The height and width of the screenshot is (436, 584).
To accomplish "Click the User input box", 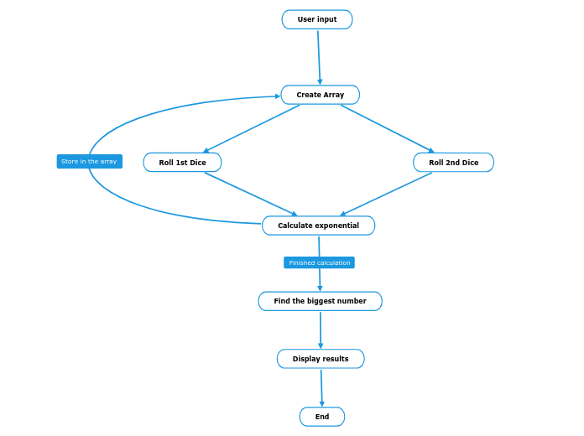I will click(317, 19).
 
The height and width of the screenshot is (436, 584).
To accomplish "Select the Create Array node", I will click(320, 95).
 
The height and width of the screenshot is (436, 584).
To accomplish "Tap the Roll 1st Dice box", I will click(182, 163).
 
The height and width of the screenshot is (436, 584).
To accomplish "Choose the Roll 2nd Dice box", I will click(453, 163).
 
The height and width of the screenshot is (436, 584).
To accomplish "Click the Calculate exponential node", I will click(318, 226).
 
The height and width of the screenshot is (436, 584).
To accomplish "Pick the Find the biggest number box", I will click(320, 301).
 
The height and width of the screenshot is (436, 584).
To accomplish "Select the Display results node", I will click(321, 359).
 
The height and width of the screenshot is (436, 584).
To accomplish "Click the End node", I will click(322, 417).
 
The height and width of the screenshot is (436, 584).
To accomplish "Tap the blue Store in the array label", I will click(89, 161).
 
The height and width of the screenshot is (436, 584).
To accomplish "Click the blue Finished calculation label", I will click(319, 262).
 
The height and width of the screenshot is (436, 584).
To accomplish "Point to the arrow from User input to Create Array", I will click(319, 57).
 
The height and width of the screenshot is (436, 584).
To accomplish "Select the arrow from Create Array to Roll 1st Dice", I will click(251, 128).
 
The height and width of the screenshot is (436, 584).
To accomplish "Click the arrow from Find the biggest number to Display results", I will click(321, 330).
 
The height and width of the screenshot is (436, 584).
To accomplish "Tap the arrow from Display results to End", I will click(321, 388).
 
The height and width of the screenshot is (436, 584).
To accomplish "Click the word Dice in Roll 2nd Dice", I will click(470, 163).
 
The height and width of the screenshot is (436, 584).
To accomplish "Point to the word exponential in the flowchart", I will click(336, 226).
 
